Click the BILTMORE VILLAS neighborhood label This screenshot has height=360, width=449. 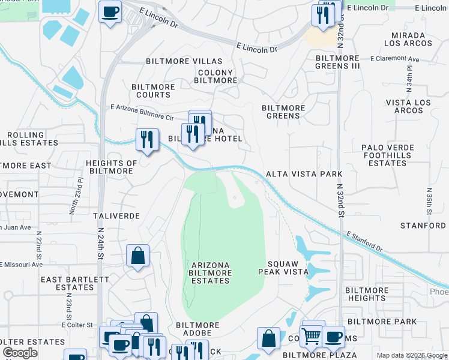pos(184,61)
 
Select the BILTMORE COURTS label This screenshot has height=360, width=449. pos(153,91)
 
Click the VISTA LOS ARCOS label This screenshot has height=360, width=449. pos(408,106)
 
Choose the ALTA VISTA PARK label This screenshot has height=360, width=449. pos(304,174)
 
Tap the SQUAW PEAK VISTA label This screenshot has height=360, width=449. pos(288,268)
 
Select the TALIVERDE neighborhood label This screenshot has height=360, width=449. pos(116,215)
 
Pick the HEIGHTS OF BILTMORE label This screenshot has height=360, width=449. pos(112,167)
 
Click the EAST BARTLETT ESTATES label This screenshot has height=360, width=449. pos(67,283)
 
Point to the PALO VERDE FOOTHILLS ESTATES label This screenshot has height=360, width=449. pos(387,155)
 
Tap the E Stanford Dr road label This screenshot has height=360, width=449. pos(363,242)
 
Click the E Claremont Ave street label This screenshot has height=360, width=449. pos(394,59)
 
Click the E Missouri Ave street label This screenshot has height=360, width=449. pos(22,264)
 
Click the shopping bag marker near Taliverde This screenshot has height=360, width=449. pos(137,256)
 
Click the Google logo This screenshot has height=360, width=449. pos(20,353)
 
